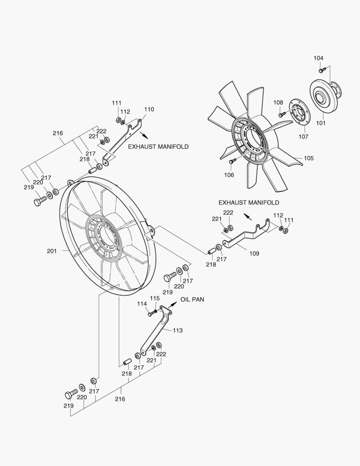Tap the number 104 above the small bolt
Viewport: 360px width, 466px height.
tap(318, 58)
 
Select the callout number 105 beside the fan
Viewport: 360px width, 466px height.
tap(309, 158)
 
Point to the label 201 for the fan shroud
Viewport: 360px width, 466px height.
tap(52, 251)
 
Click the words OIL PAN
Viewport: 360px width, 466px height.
tap(192, 299)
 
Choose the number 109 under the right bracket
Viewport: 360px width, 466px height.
tap(254, 254)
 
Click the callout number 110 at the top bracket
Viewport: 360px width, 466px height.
tap(149, 110)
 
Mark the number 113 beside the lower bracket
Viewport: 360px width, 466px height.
tap(177, 331)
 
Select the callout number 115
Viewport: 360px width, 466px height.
tap(154, 298)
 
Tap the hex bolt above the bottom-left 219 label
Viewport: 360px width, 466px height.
tap(70, 394)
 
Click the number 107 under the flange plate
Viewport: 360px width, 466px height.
tap(304, 137)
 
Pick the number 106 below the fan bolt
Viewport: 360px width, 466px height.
tap(229, 175)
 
